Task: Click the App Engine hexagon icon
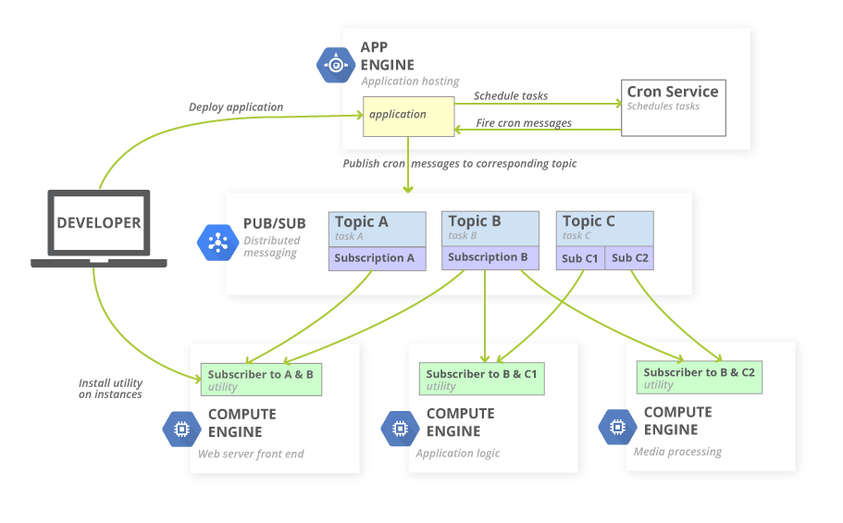tap(335, 65)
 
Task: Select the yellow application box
tap(408, 116)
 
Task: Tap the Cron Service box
tap(673, 107)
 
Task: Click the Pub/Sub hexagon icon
tap(218, 243)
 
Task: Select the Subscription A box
tap(377, 258)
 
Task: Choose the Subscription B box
tap(490, 257)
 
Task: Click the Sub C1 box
tap(580, 258)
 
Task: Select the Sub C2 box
tap(630, 258)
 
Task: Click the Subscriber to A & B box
tap(261, 380)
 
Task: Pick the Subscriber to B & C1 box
tap(481, 380)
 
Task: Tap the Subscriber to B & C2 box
tap(700, 378)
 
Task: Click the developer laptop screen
tap(99, 223)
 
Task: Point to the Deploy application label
tap(236, 107)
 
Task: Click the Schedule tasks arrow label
tap(511, 95)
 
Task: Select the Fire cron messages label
tap(524, 123)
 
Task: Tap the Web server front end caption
tap(251, 455)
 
